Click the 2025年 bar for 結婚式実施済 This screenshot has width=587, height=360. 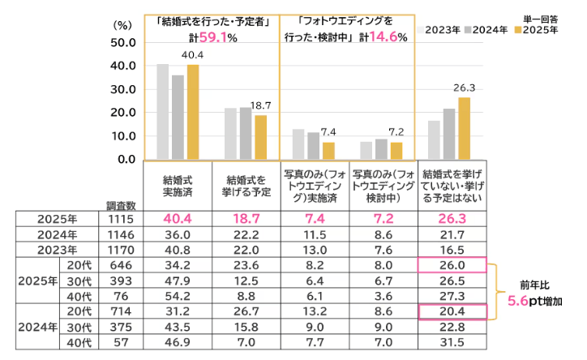193,112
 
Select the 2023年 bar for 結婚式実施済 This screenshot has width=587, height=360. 163,111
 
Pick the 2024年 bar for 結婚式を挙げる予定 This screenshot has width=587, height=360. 246,133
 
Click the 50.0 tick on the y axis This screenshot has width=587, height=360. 119,42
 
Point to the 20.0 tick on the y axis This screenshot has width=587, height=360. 119,113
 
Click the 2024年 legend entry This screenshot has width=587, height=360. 490,30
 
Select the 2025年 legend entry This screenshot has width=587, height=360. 536,30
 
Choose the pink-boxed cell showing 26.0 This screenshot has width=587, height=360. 452,264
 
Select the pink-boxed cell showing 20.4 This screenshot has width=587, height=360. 452,310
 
